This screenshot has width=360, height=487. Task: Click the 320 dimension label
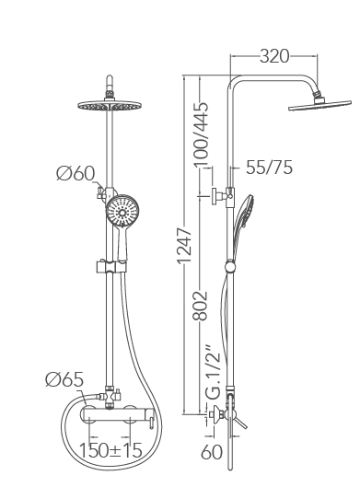coord(274,56)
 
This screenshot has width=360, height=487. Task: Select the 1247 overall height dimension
coord(184,246)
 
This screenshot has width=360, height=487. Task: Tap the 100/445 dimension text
coord(201,134)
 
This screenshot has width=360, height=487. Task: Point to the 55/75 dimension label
coord(269,168)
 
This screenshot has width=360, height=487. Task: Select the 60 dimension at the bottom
coord(212,452)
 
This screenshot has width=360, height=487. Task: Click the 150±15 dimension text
coord(110,450)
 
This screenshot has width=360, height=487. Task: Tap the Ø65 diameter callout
coord(64,379)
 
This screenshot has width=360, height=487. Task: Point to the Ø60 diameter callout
coord(75,173)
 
